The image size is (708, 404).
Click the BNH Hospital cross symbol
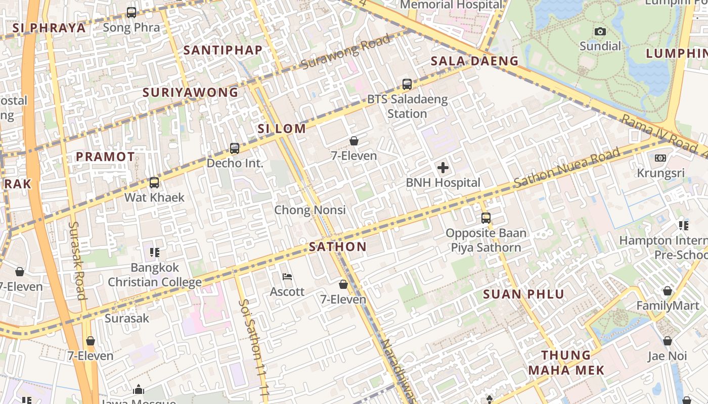coord(442,168)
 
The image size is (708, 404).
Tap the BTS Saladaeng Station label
coord(407,106)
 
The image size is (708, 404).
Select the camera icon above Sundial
coord(600,32)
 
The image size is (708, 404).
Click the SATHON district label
coord(337,247)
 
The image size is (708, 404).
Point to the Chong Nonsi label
coord(310,210)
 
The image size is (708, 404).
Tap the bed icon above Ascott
coord(287,277)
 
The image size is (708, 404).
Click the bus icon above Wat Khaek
coord(154,183)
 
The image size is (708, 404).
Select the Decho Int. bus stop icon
coord(235,148)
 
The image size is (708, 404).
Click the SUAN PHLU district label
coord(523,294)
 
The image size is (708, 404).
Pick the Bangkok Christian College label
coord(155,274)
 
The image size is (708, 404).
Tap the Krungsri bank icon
coord(660,158)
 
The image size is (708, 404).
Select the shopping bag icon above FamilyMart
coord(668,291)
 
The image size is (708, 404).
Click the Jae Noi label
coord(667,356)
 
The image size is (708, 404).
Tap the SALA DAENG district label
coord(474,61)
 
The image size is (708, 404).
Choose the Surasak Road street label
coord(77,260)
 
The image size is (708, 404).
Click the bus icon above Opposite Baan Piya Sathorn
coord(486,218)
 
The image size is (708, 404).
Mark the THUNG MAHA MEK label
coord(566,363)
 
